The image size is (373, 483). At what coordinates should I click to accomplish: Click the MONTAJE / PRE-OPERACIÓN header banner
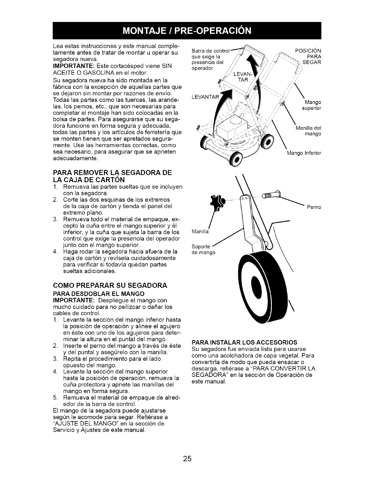tap(187, 31)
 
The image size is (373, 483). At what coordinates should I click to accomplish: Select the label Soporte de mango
tap(203, 249)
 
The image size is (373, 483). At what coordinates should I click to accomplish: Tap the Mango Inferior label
tap(304, 153)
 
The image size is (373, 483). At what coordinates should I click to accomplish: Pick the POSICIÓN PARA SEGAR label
tap(309, 56)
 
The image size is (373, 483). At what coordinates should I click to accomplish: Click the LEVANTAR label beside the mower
tap(206, 97)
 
